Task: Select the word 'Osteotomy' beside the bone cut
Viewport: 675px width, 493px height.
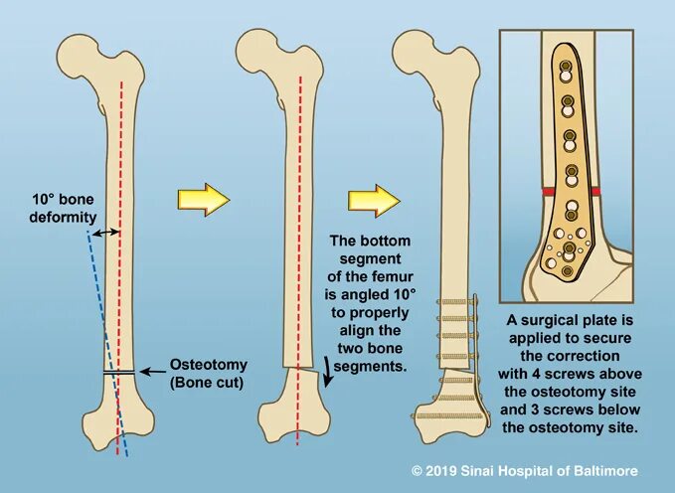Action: [204, 364]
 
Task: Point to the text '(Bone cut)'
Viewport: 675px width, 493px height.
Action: [204, 382]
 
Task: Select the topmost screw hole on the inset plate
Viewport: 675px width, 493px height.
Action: [565, 72]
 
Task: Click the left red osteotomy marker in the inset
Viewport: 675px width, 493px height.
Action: [548, 191]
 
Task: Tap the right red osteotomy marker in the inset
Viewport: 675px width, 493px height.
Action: [594, 190]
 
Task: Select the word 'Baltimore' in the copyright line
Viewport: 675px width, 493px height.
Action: [608, 471]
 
